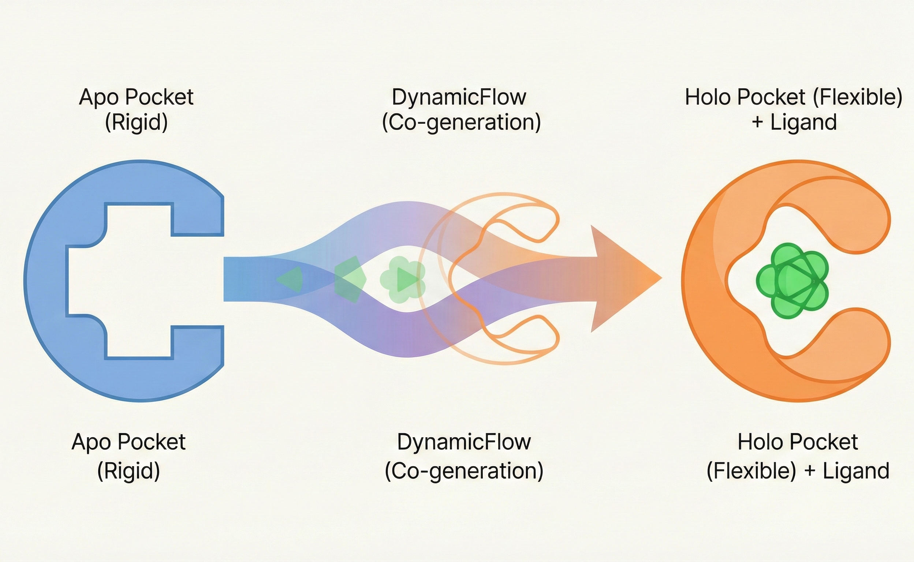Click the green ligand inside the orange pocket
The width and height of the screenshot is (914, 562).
792,281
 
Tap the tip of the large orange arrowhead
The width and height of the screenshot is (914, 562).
660,278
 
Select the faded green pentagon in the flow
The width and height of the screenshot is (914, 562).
350,279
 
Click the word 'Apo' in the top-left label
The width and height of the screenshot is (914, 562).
99,97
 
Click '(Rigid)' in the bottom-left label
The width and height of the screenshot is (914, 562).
128,471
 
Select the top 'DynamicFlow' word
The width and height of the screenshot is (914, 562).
459,97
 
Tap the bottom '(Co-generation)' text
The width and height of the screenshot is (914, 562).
464,471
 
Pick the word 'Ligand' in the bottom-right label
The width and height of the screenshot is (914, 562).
856,471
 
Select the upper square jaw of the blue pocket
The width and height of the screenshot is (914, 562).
197,219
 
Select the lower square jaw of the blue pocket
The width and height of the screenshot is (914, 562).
197,342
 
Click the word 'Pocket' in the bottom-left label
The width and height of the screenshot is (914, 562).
151,442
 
